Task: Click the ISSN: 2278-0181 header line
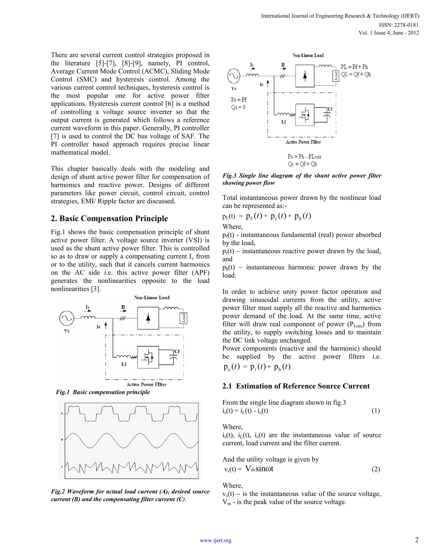coord(398,25)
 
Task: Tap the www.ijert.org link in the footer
coord(216,540)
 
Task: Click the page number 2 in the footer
coord(417,540)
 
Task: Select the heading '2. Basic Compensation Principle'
coord(109,218)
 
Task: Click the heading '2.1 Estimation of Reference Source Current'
coord(296,386)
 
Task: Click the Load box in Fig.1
coord(183,318)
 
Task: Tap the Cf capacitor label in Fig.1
coord(177,351)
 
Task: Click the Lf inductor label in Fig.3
coord(283,122)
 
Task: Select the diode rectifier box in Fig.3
coord(305,76)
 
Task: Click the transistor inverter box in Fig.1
coord(148,357)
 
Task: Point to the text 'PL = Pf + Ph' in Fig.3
coord(354,67)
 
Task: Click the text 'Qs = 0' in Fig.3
coord(238,107)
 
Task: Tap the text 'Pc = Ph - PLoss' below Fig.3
coord(304,157)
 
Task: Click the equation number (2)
coord(375,469)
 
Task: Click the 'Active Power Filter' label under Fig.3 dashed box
coord(303,142)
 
